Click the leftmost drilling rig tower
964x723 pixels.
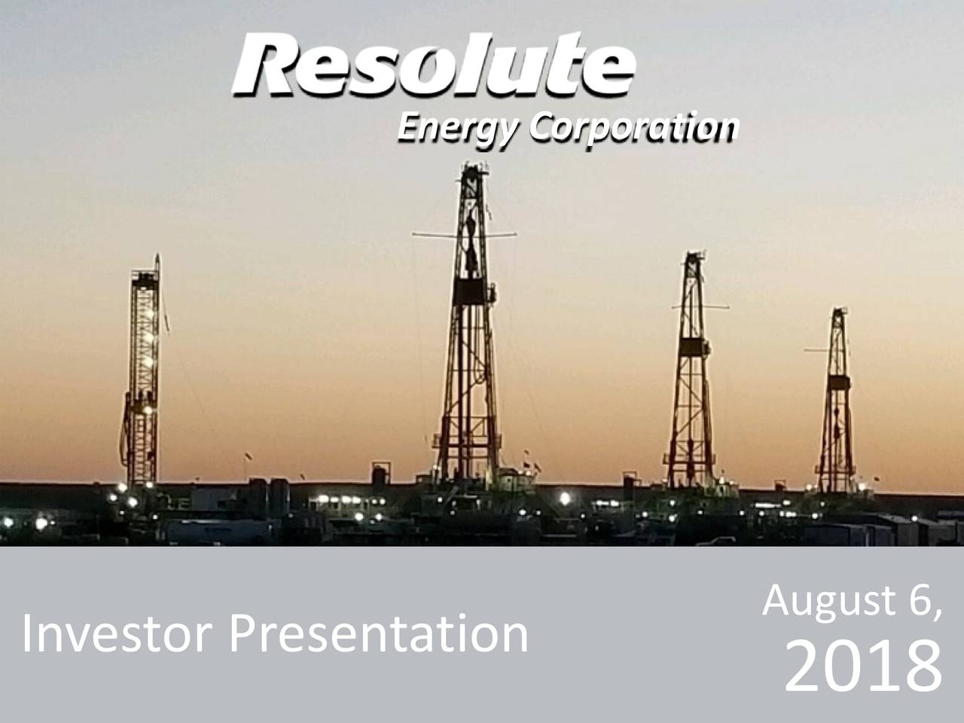[144, 377]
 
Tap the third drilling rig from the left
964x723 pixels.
[691, 377]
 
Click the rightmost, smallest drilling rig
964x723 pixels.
[836, 407]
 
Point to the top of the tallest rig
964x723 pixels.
[471, 169]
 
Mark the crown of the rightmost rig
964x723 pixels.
[837, 312]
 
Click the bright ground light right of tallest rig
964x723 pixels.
[564, 497]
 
